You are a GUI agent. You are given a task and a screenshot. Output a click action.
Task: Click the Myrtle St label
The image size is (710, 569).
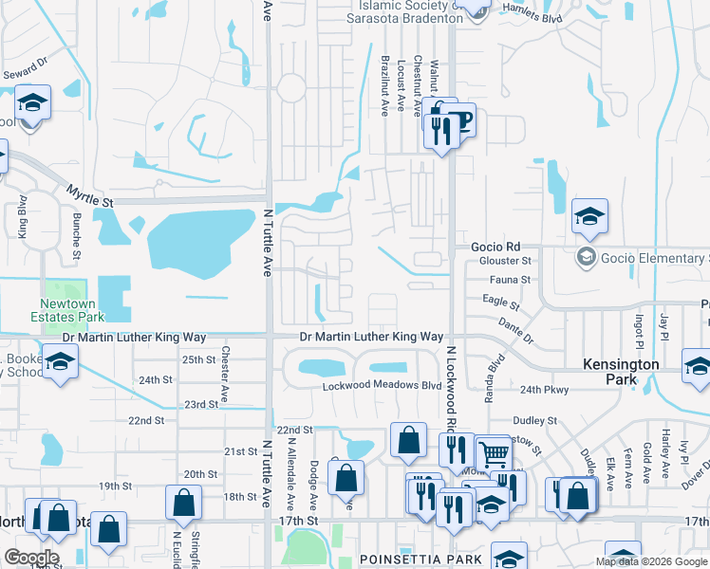tap(89, 196)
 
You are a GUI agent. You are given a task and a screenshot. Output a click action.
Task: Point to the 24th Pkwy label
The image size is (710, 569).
tap(543, 390)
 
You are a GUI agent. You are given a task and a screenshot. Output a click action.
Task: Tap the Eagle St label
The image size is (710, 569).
tap(501, 303)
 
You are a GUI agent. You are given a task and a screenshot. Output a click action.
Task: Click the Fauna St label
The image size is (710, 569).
tap(510, 280)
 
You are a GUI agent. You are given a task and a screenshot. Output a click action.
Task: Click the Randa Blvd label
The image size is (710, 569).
tap(494, 377)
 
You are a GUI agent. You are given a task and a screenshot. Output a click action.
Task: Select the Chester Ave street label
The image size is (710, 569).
tap(225, 374)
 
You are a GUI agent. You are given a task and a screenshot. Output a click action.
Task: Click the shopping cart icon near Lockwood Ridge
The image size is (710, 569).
tap(494, 455)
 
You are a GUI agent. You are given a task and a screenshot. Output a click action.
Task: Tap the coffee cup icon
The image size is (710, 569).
tap(460, 120)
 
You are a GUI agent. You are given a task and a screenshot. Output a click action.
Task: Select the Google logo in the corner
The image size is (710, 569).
tap(31, 558)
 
